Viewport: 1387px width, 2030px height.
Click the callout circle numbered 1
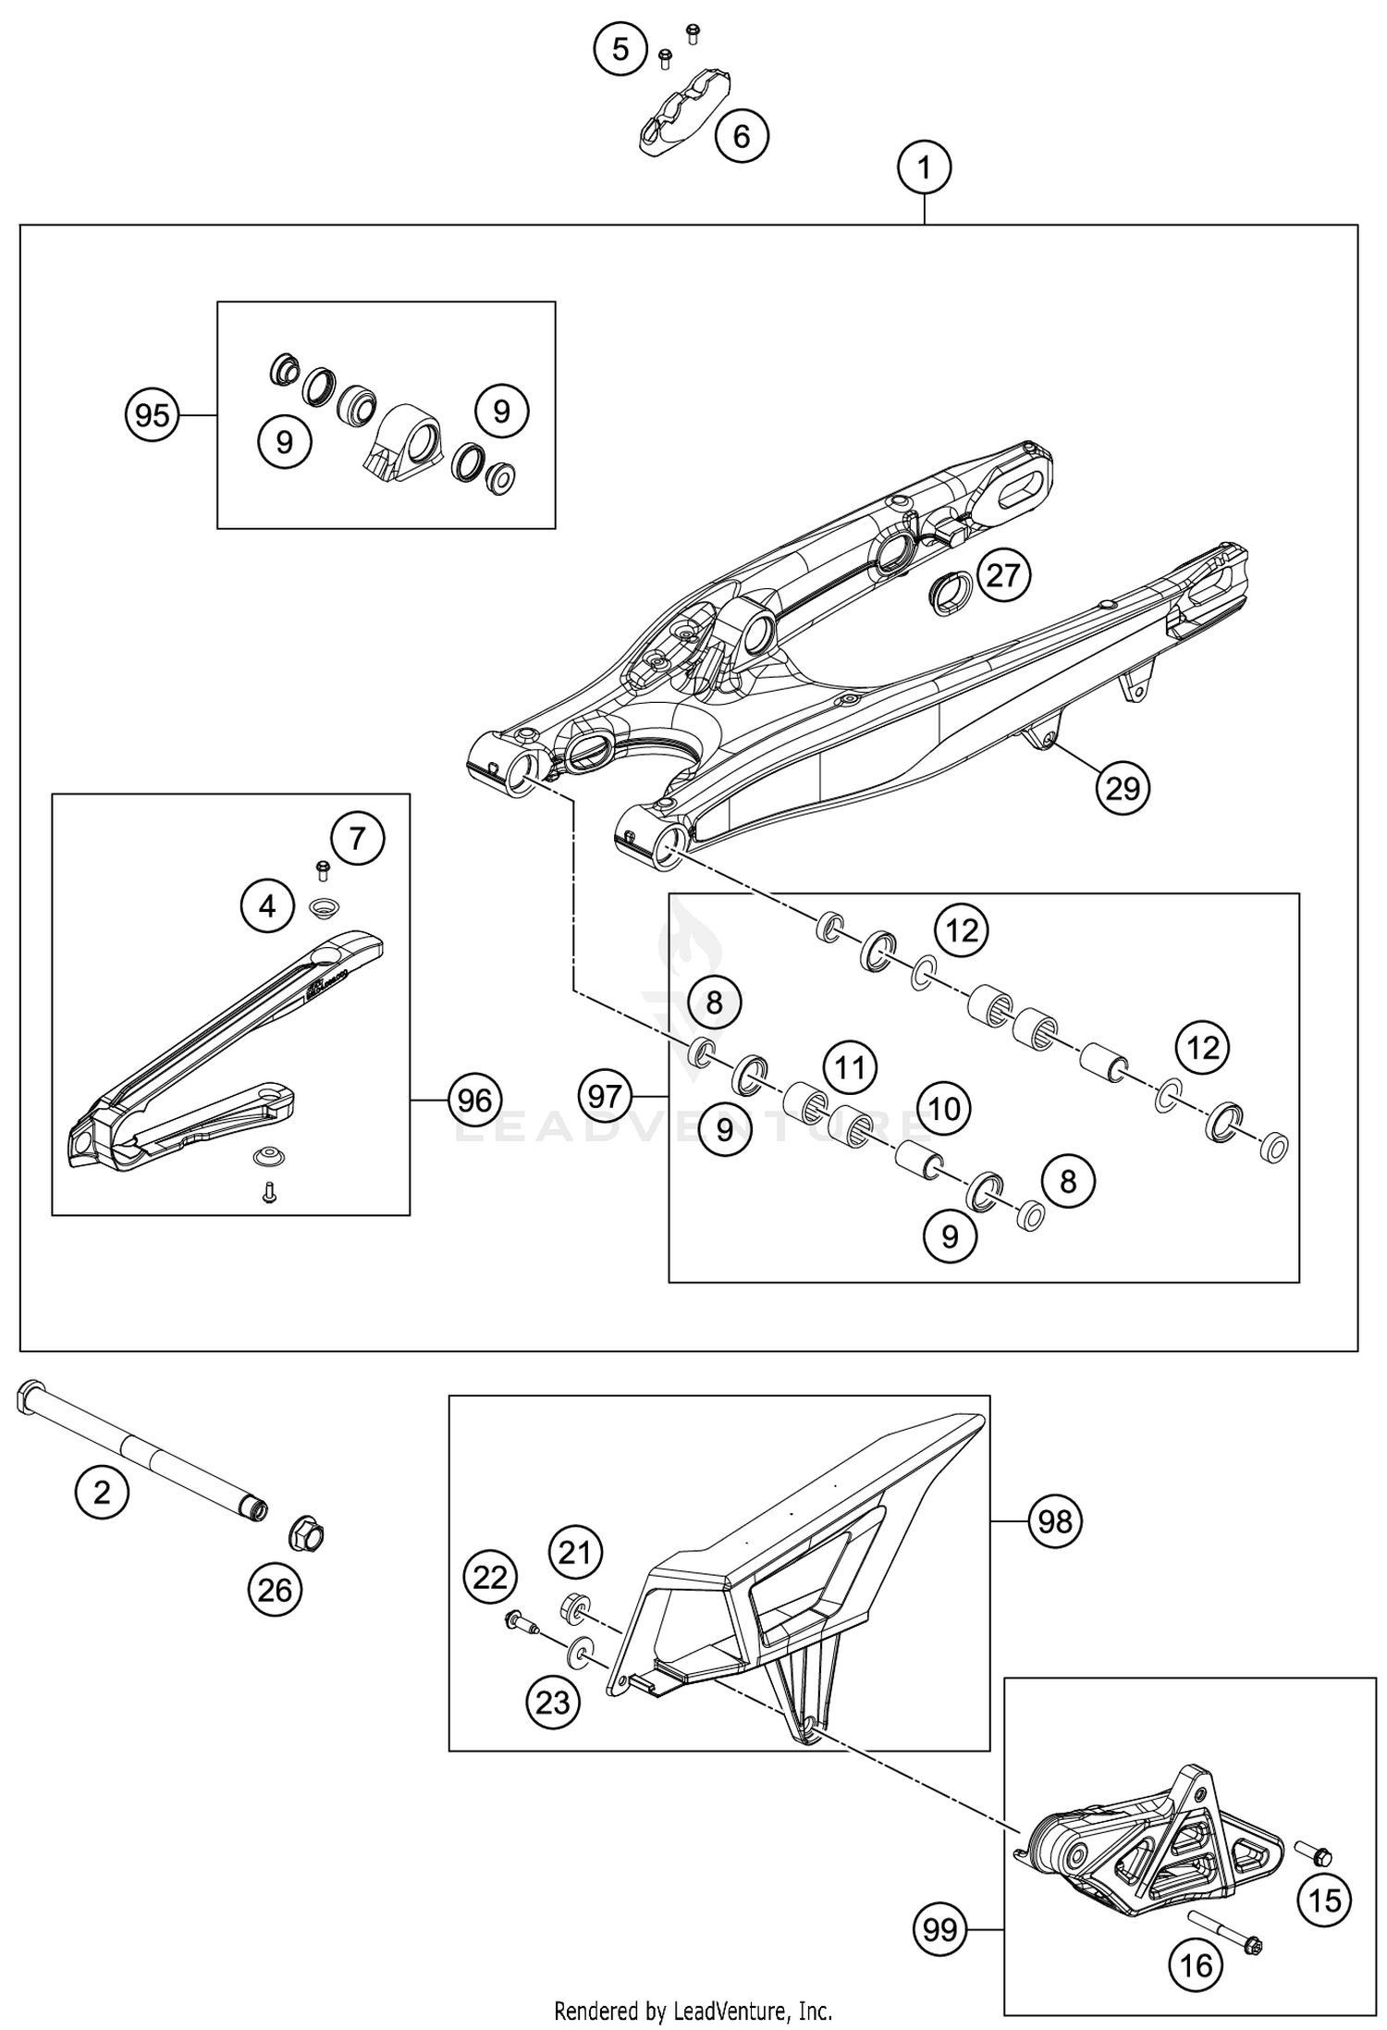coord(924,168)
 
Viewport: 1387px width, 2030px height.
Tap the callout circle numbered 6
coord(742,137)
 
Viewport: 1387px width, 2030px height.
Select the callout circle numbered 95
coord(152,416)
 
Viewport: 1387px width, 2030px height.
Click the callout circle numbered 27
coord(1002,575)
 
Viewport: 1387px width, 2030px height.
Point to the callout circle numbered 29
coord(1122,789)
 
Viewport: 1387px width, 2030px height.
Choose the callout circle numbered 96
coord(474,1101)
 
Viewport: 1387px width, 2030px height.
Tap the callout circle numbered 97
coord(605,1097)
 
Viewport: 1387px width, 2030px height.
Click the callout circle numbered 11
coord(850,1068)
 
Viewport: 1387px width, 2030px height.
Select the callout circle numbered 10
coord(943,1108)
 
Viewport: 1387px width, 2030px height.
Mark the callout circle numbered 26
coord(275,1591)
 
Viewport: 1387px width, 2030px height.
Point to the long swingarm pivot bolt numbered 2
coord(139,1446)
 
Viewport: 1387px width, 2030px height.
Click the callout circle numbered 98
coord(1054,1520)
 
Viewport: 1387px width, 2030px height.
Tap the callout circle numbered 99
coord(940,1930)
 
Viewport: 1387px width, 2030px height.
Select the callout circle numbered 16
coord(1197,1965)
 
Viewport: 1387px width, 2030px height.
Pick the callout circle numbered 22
coord(490,1577)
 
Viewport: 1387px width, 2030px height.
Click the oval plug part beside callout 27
coord(950,593)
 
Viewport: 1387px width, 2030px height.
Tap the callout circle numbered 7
coord(357,839)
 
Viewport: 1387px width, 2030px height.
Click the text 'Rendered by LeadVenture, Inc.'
coord(693,2011)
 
